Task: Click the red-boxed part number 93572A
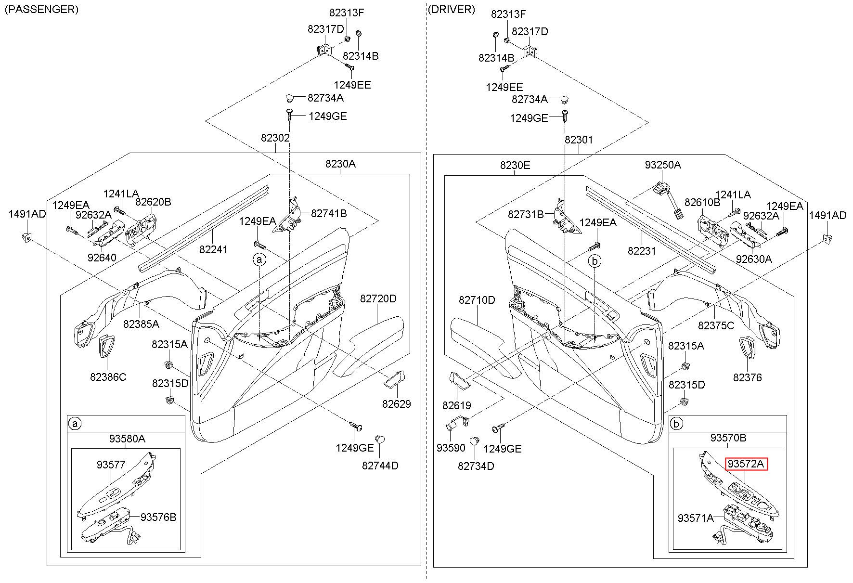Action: point(747,464)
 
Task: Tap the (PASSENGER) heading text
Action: point(41,9)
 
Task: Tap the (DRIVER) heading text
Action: point(451,9)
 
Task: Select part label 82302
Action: point(275,138)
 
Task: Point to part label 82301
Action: point(579,140)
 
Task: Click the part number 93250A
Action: point(663,165)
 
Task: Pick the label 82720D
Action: point(378,299)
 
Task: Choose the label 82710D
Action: point(477,300)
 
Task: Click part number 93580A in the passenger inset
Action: point(127,439)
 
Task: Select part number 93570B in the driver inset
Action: point(728,438)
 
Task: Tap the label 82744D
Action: point(380,466)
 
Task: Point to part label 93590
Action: point(451,448)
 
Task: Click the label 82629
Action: point(397,404)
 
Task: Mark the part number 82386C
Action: point(108,377)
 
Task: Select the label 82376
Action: point(748,377)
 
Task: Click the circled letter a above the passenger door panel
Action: point(259,260)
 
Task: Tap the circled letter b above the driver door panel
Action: point(595,261)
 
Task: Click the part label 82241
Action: point(214,249)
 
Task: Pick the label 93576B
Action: point(158,517)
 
